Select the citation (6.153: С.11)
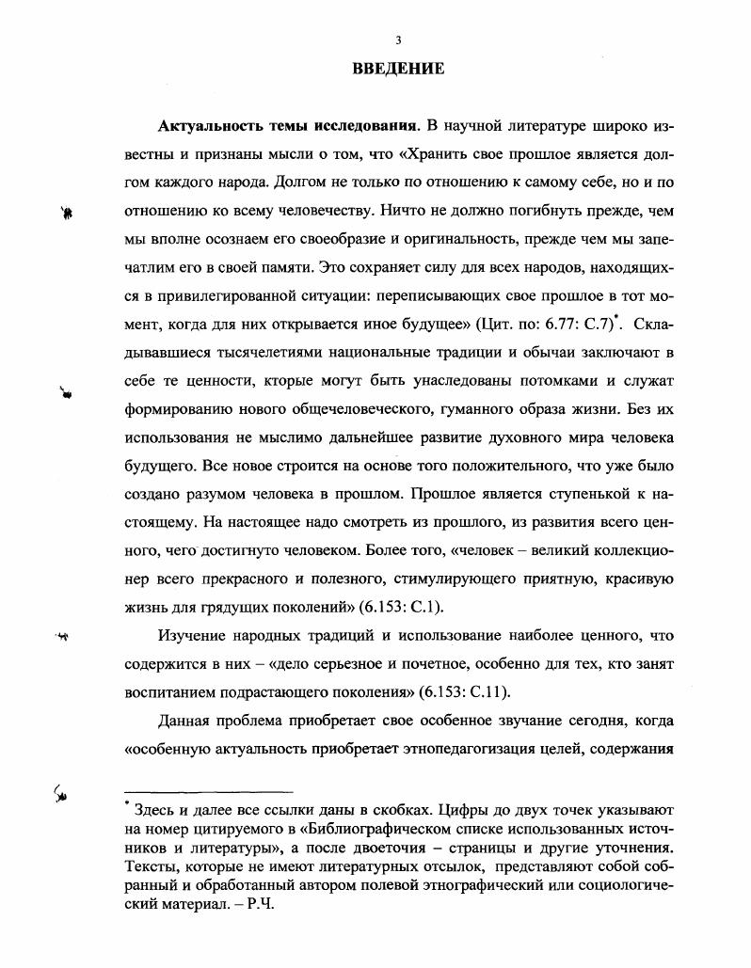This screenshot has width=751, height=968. point(456,691)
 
